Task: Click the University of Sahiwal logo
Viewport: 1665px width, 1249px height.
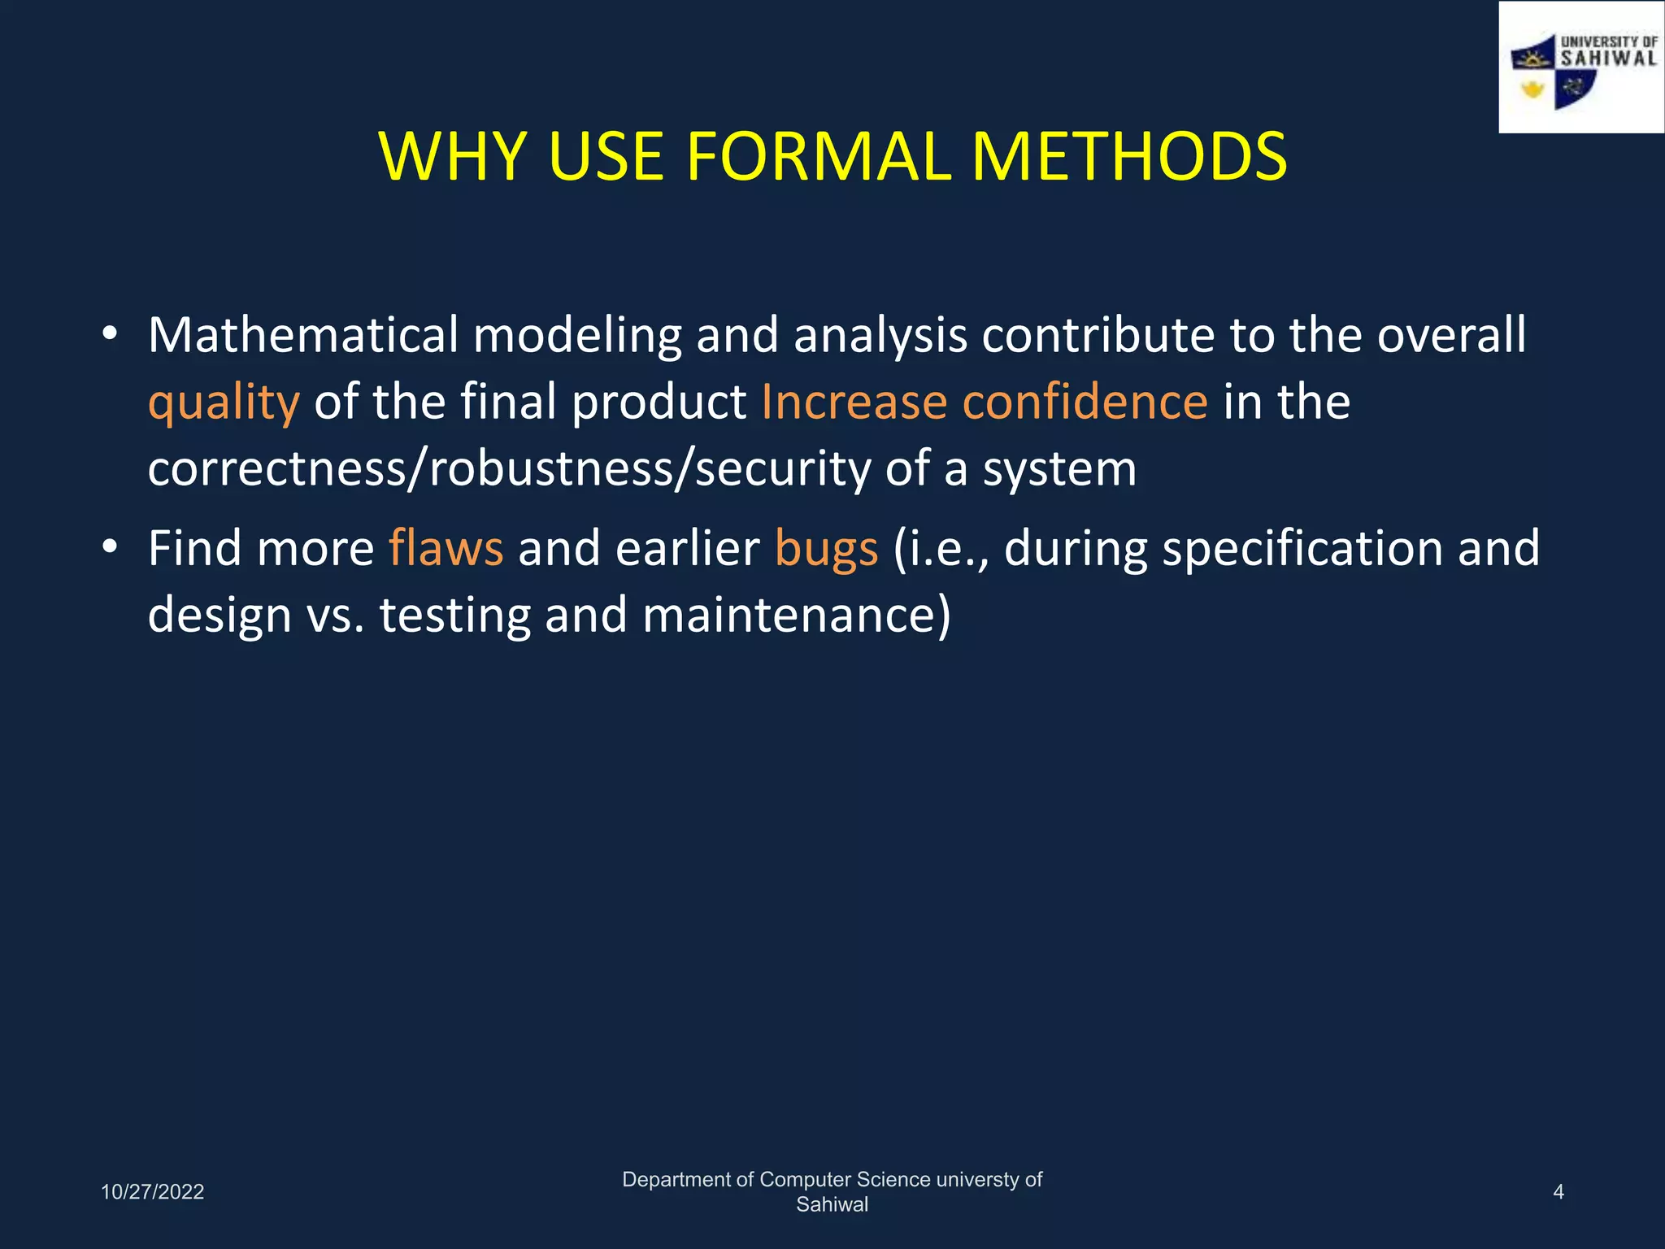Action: (1581, 68)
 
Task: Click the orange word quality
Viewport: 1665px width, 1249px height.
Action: (224, 403)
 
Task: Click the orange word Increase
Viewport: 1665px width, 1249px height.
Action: (854, 402)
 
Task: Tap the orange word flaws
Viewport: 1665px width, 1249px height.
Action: (446, 548)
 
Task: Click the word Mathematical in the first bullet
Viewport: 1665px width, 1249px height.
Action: (303, 335)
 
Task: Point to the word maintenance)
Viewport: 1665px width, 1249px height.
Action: (796, 615)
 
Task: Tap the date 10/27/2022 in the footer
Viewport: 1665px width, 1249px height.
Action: (152, 1192)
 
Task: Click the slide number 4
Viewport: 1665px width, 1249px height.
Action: (1558, 1192)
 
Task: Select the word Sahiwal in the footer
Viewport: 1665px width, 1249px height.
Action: (832, 1205)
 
